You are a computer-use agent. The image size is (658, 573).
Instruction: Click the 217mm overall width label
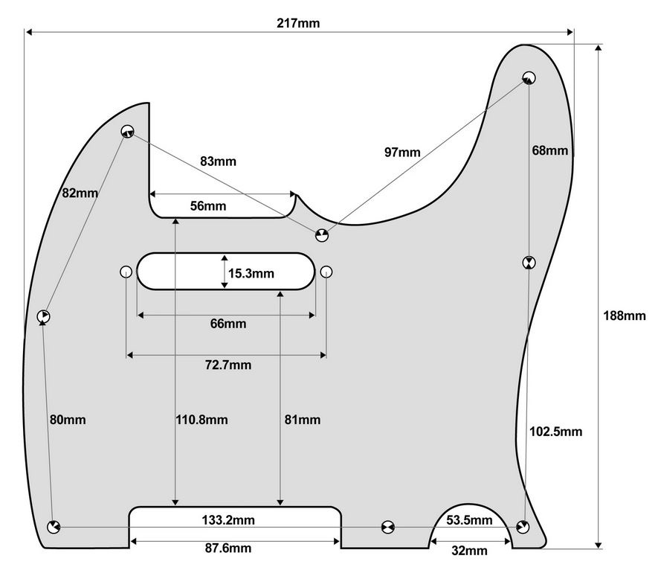[298, 23]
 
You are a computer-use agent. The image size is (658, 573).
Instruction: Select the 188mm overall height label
[625, 316]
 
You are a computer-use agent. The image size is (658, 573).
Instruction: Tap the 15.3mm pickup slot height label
[251, 274]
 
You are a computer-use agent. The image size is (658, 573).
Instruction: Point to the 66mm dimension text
[228, 324]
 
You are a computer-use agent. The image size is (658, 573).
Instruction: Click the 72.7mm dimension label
[228, 365]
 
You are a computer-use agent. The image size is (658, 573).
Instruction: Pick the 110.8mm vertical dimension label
[201, 420]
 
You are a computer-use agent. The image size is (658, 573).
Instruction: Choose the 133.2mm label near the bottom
[228, 520]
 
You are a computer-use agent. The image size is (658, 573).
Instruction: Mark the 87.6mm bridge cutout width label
[228, 548]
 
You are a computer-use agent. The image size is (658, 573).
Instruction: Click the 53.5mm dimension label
[469, 520]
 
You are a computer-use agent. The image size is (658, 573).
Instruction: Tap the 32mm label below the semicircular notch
[469, 551]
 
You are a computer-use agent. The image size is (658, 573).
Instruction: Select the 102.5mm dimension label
[555, 432]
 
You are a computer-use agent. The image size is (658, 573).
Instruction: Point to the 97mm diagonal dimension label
[402, 152]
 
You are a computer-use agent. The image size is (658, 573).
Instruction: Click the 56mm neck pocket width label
[208, 206]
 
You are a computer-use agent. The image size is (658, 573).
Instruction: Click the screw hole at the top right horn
[529, 77]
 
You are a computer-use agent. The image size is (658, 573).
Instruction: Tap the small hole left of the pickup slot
[126, 272]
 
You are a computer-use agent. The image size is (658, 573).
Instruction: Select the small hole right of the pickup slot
[326, 272]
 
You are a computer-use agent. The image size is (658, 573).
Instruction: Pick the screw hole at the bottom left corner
[54, 527]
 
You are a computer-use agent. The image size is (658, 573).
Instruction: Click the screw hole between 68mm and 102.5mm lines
[529, 263]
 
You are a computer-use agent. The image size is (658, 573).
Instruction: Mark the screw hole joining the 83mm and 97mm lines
[322, 235]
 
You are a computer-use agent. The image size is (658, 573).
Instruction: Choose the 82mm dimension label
[80, 193]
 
